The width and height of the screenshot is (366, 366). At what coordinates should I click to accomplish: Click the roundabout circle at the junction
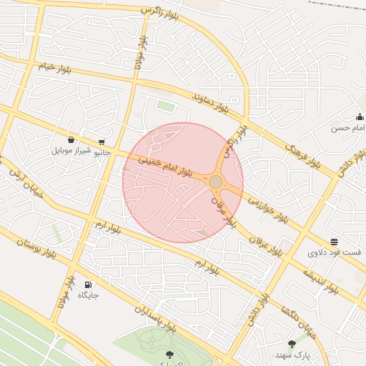click(x=216, y=182)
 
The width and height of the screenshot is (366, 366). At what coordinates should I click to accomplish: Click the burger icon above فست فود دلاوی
click(x=335, y=242)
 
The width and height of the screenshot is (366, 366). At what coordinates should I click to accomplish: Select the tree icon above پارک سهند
click(x=292, y=344)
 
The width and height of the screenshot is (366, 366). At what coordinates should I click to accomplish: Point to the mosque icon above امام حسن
click(x=360, y=117)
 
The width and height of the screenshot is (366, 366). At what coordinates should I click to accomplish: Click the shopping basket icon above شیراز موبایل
click(x=71, y=140)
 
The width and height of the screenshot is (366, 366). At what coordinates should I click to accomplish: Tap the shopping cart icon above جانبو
click(x=102, y=142)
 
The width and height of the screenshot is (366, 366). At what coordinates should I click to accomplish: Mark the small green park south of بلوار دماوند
click(x=166, y=107)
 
